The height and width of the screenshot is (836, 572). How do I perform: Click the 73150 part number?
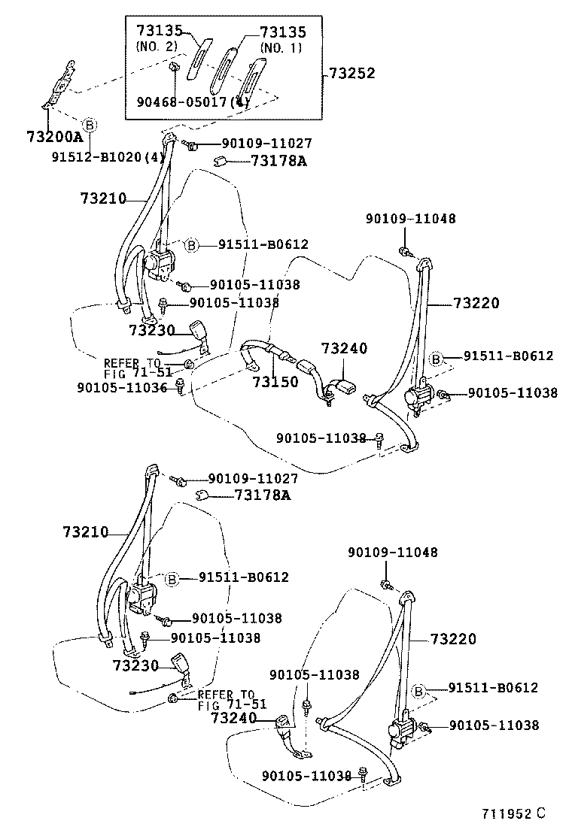[x=275, y=382]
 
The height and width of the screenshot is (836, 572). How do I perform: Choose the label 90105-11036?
[x=121, y=387]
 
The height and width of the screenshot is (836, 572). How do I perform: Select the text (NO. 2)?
[x=155, y=47]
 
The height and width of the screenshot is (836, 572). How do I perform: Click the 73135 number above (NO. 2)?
[x=159, y=32]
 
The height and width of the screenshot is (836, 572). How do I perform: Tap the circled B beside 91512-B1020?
[x=89, y=125]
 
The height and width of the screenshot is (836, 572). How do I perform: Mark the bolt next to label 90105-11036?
[x=180, y=386]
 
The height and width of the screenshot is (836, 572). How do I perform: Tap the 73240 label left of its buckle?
[x=234, y=719]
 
